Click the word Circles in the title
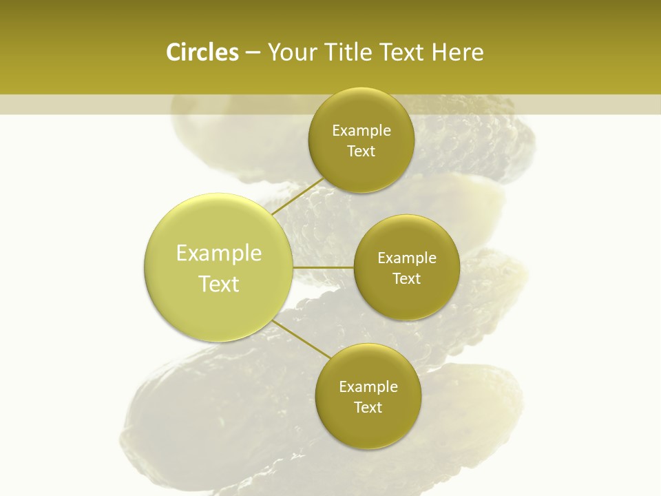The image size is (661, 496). click(202, 52)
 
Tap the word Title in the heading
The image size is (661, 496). click(348, 52)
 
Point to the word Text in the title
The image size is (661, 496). click(401, 52)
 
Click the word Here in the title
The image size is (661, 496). click(457, 52)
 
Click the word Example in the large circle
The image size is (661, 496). click(219, 254)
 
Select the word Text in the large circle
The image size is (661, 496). click(219, 284)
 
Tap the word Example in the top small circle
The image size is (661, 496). click(361, 131)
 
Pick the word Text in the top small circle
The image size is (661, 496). click(361, 152)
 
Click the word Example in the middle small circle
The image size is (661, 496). click(407, 258)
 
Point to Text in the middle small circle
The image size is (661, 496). click(407, 279)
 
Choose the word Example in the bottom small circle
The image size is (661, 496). click(368, 387)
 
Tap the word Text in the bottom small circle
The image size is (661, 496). click(368, 408)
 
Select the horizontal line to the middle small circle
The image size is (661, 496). click(323, 267)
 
